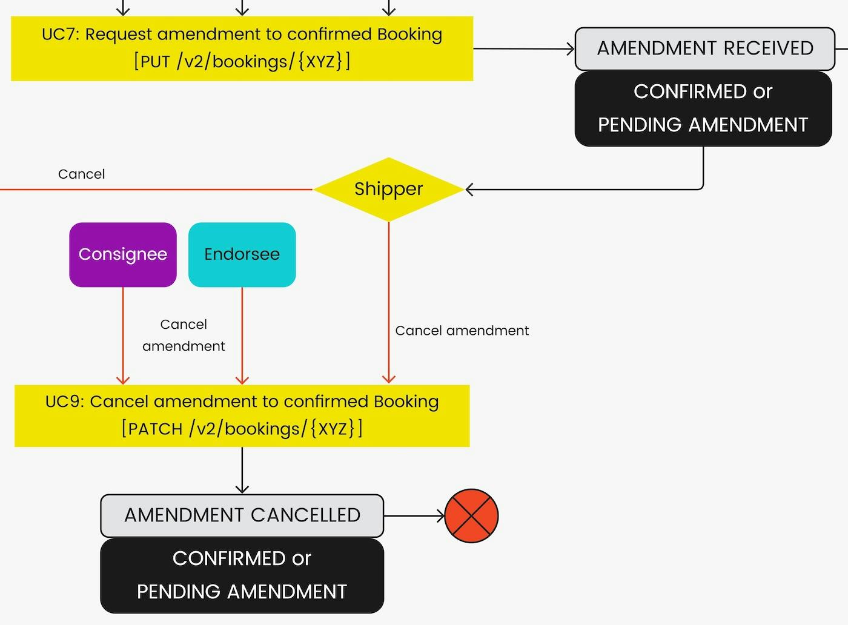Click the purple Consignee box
point(123,254)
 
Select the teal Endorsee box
point(242,254)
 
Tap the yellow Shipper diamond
point(388,189)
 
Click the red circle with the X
point(471,516)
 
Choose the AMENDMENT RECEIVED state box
point(704,48)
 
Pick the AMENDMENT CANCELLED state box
point(242,515)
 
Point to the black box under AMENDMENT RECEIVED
point(703,108)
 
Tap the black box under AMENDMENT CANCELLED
point(242,575)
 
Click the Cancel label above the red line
point(81,174)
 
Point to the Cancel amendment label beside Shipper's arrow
point(462,331)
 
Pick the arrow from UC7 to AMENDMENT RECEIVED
point(523,48)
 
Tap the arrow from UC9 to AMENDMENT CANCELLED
point(242,471)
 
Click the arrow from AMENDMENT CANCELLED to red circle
point(414,516)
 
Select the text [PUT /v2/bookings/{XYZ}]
point(242,62)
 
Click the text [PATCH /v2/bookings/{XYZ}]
point(242,429)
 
